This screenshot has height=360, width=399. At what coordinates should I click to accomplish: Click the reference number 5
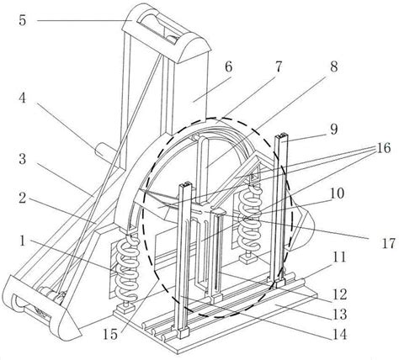[23, 20]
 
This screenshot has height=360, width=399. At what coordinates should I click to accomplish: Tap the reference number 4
[23, 98]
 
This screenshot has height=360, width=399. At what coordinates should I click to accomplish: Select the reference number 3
[23, 159]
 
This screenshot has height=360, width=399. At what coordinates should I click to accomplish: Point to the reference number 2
[23, 199]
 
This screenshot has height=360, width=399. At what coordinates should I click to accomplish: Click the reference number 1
[23, 241]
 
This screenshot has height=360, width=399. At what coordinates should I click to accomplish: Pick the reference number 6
[228, 67]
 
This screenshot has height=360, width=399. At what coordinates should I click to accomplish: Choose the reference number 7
[278, 67]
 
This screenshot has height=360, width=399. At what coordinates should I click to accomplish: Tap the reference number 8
[334, 67]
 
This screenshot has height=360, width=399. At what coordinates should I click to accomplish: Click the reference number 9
[333, 130]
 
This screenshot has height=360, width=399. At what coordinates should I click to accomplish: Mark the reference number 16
[337, 193]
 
